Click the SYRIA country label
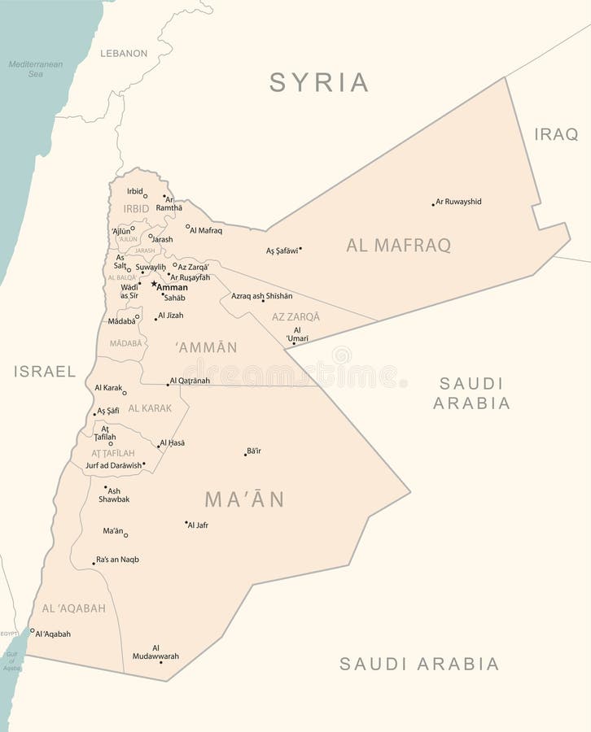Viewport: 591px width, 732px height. coord(319,82)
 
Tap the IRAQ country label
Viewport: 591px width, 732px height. coord(556,134)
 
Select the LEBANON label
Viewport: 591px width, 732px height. coord(124,53)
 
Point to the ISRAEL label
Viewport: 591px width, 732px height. coord(45,372)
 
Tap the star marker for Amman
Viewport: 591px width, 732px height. coord(153,284)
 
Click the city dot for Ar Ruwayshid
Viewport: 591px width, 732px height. coord(433,204)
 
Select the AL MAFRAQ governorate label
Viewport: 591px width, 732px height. coord(398,246)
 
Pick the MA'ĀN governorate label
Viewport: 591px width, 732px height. coord(244,499)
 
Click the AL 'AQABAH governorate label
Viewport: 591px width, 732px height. coord(73,608)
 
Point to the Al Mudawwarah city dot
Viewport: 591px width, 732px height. coord(160,662)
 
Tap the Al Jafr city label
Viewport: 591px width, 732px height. coord(199,525)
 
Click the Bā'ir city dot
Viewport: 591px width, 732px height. coord(245,454)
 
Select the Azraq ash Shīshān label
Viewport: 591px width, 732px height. coord(261,296)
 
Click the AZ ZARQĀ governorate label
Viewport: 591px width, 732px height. coord(295,316)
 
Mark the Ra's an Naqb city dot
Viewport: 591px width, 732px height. coord(94,563)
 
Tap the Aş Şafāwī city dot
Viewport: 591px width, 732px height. coord(300,248)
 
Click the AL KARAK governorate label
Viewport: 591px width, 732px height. coord(150,408)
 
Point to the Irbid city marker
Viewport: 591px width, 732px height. coord(146,196)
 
